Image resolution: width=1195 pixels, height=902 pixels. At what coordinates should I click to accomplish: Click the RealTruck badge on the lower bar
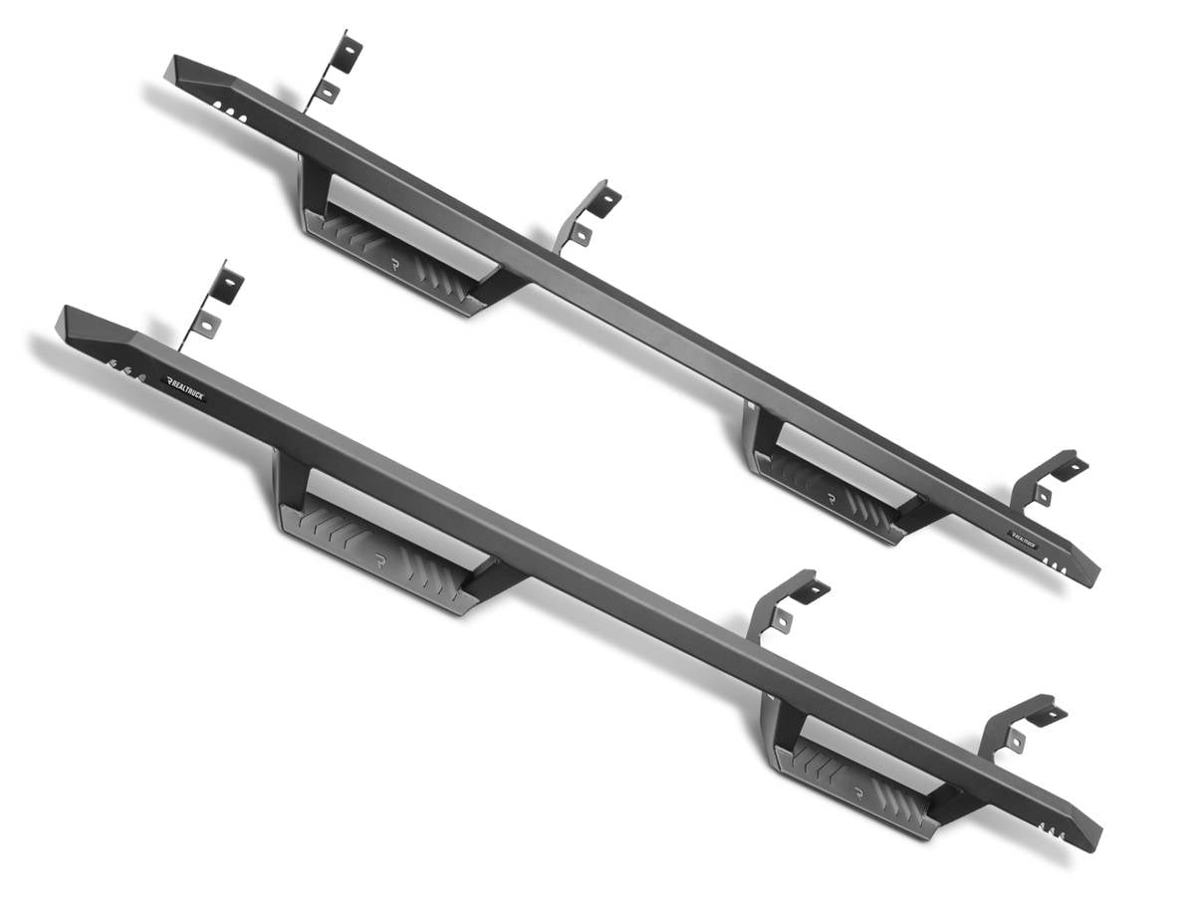[x=186, y=387]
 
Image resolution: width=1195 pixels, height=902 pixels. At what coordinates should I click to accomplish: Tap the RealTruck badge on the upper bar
[x=1023, y=536]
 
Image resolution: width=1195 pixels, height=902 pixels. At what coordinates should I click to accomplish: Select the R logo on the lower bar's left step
[x=380, y=562]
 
